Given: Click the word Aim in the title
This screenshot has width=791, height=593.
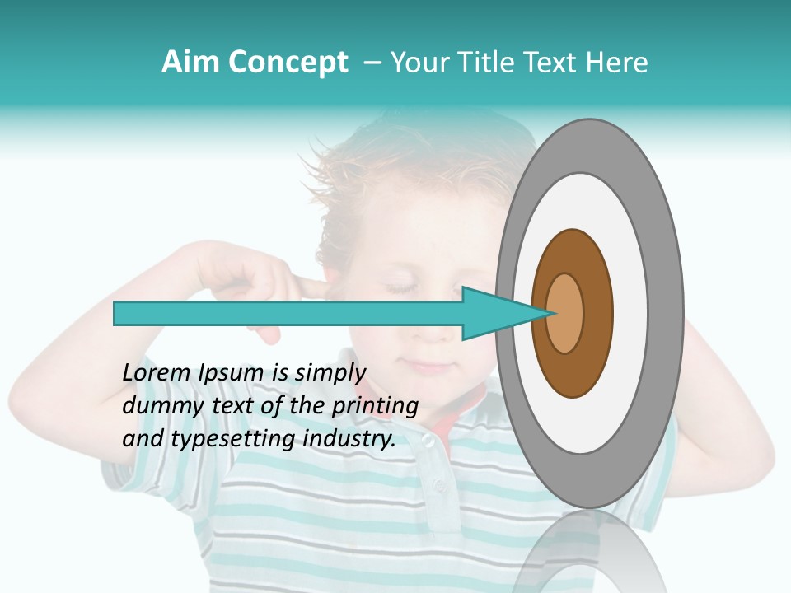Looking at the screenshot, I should click(x=190, y=63).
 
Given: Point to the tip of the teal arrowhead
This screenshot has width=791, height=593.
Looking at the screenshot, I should click(x=550, y=313).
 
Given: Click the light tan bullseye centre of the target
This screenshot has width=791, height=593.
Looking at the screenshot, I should click(x=565, y=313).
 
